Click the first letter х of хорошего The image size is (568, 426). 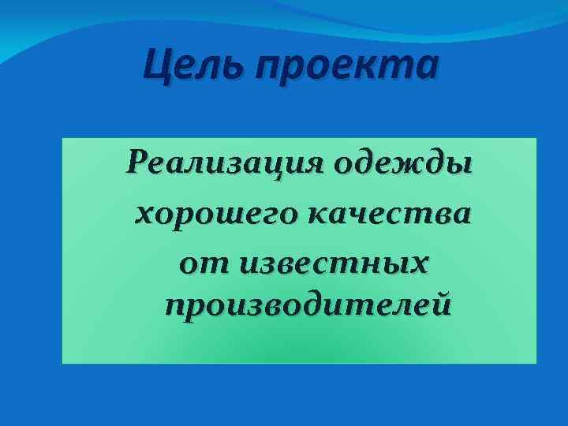tap(144, 215)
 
